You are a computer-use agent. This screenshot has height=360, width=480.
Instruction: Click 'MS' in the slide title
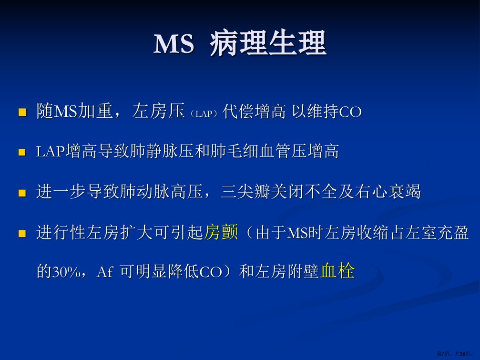[x=174, y=43]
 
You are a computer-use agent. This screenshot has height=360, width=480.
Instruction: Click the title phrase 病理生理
[x=268, y=43]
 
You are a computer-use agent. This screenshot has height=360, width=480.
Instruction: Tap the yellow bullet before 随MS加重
[x=22, y=112]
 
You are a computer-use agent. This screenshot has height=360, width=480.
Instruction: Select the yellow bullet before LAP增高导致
[x=22, y=152]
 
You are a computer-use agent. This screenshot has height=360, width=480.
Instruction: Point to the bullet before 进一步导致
[x=22, y=193]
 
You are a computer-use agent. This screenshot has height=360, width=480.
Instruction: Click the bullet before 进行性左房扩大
[x=22, y=234]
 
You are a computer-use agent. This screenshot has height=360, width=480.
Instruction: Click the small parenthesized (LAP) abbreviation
[x=204, y=113]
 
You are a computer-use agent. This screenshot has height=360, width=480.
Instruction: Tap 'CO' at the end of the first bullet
[x=350, y=112]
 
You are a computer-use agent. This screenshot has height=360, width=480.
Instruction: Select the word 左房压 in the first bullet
[x=159, y=111]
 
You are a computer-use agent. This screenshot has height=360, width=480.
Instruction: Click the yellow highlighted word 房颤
[x=221, y=232]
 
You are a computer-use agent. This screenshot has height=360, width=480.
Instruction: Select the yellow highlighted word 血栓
[x=337, y=271]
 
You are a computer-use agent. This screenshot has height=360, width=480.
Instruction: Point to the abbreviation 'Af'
[x=105, y=272]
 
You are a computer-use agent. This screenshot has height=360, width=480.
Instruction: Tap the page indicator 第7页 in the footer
[x=443, y=354]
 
